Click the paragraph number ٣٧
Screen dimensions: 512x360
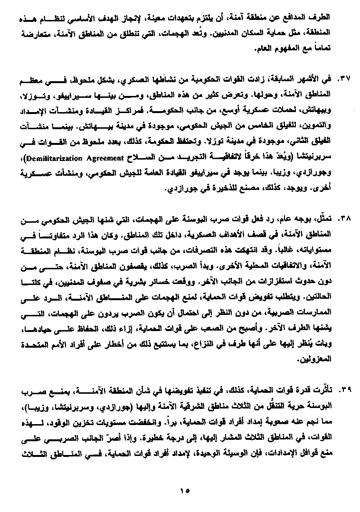(343, 77)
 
